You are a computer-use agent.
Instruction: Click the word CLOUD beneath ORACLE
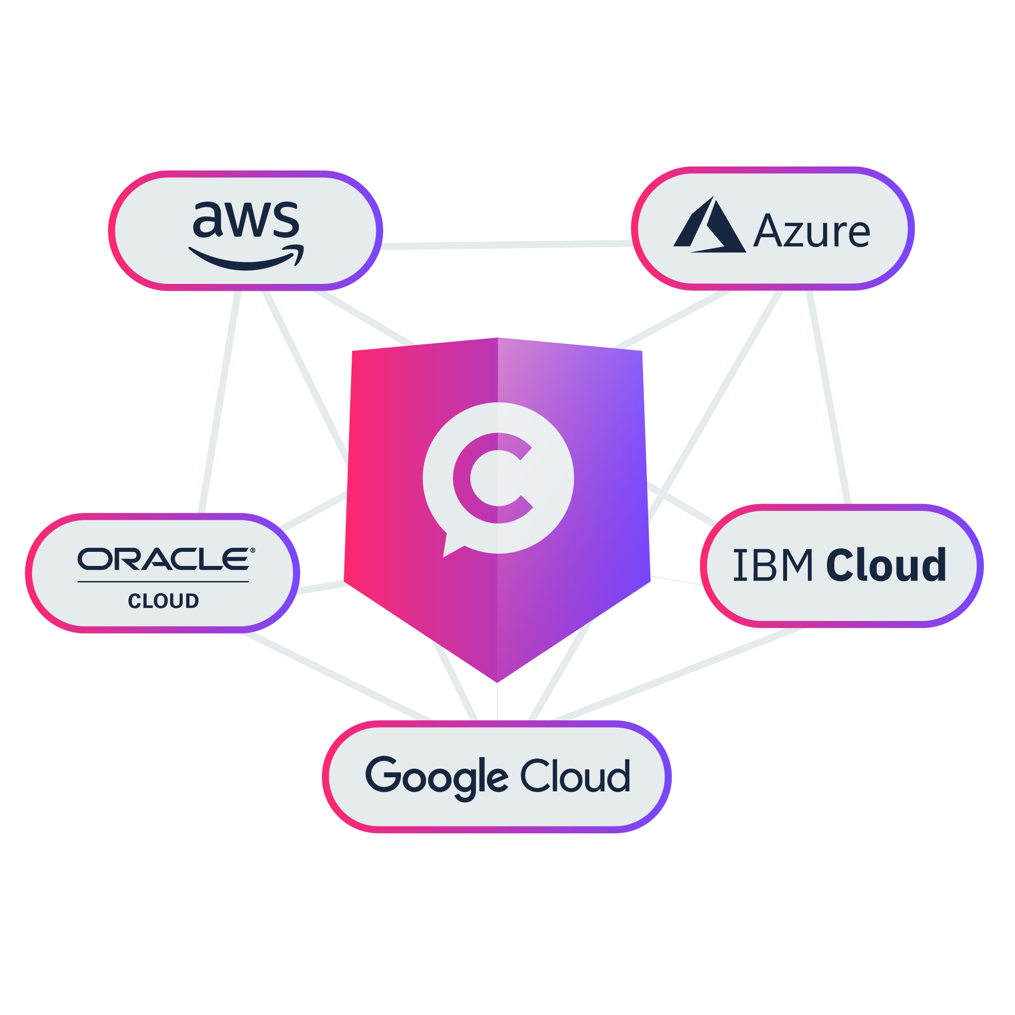[163, 601]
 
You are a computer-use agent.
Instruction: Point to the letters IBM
[772, 565]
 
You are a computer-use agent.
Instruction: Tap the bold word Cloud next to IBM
[886, 565]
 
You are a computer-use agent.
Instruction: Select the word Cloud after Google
[575, 776]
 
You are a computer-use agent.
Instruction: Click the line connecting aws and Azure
[507, 245]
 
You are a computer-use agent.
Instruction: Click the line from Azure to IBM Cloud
[828, 396]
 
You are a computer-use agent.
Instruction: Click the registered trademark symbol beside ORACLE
[253, 550]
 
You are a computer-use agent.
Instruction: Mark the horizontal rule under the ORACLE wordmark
[163, 582]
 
